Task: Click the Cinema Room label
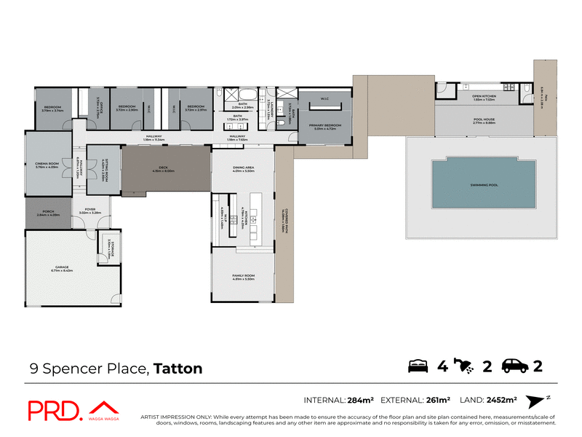tap(47, 165)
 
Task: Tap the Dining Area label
tap(243, 169)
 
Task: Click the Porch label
tap(47, 214)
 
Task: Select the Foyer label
tap(90, 210)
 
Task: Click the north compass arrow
tap(536, 400)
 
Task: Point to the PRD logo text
tap(54, 411)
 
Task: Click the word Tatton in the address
tap(178, 369)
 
